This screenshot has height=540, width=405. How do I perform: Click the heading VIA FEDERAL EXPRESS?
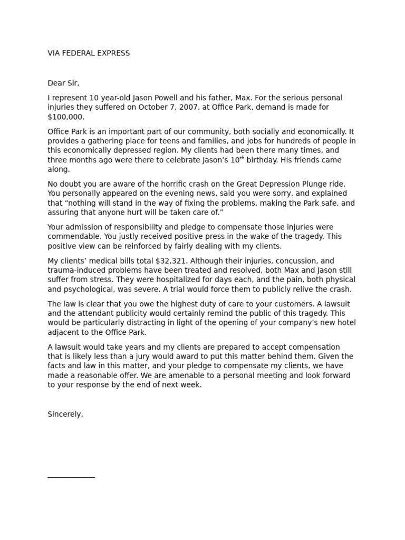[89, 53]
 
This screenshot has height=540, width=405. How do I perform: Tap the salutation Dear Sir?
[63, 83]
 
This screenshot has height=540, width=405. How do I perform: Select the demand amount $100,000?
[66, 117]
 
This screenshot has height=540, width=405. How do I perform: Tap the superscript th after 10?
[243, 158]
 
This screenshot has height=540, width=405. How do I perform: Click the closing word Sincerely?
[65, 414]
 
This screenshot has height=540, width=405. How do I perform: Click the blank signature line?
[71, 477]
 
